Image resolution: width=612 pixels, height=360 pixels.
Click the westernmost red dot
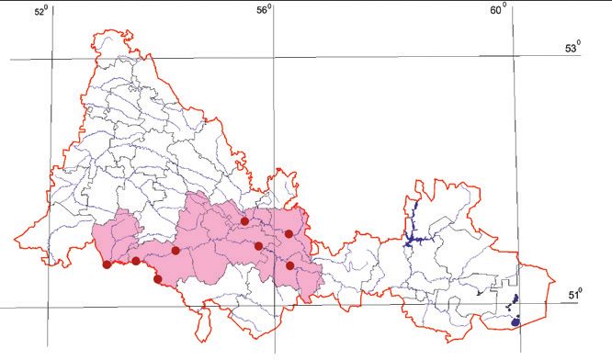107,265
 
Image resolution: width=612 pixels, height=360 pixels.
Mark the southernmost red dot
158,279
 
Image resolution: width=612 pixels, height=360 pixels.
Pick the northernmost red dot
244,221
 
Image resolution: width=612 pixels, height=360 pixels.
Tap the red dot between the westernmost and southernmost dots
136,261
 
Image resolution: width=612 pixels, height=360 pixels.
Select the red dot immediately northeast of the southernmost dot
176,250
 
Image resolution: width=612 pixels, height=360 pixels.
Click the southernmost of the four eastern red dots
290,265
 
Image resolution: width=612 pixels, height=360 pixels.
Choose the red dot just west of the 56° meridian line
258,245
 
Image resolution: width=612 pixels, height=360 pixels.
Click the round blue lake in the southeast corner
516,321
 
